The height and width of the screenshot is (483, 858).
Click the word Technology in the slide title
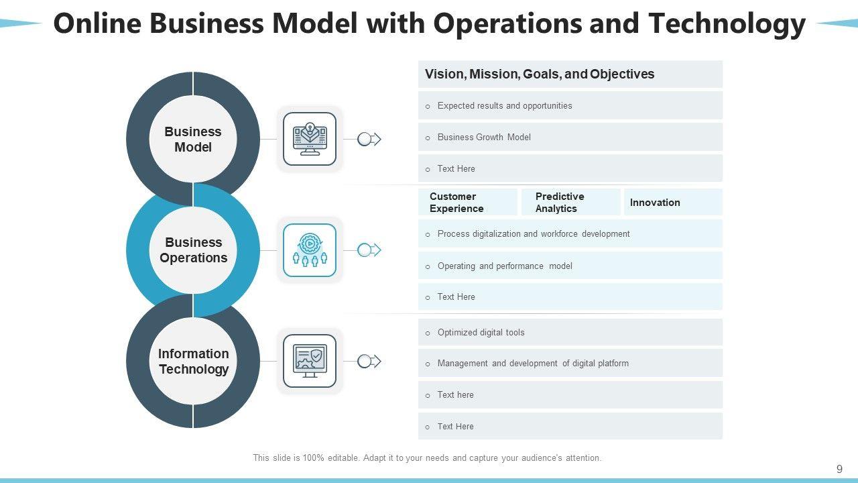(x=727, y=24)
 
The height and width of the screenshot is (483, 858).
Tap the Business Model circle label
(x=193, y=140)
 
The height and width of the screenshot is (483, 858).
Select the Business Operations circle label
(x=193, y=250)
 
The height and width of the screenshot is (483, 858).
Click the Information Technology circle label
(x=193, y=362)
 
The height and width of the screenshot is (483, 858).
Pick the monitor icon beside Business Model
(x=310, y=139)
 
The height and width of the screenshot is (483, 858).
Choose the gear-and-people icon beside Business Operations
(x=310, y=250)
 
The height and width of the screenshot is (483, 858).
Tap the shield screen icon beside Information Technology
(x=310, y=361)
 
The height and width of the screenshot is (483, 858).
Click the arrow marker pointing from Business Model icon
(x=369, y=140)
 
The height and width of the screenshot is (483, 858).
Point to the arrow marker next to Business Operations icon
(x=369, y=250)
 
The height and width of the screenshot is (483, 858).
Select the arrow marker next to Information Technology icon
(x=369, y=362)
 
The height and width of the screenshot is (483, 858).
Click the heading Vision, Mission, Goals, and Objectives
(x=540, y=74)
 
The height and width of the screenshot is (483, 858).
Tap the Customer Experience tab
(x=456, y=203)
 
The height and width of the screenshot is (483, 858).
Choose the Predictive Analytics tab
(x=560, y=203)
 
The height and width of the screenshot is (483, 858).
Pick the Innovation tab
(x=655, y=203)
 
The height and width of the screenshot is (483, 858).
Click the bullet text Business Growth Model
(x=484, y=138)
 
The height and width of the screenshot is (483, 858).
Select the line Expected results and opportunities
(x=505, y=106)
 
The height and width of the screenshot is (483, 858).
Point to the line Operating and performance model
(x=505, y=266)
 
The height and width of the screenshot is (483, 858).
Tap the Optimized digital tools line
(x=481, y=333)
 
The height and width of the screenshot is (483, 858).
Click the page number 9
(x=839, y=470)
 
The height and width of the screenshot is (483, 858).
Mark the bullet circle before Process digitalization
(x=428, y=235)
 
